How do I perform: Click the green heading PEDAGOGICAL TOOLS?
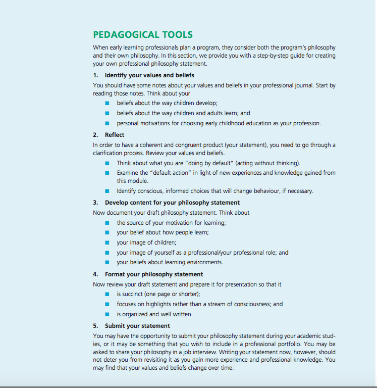[x=143, y=35]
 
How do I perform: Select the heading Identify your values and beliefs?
[x=149, y=75]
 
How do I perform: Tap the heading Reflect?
[x=115, y=135]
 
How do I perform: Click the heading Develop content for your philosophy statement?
[x=172, y=203]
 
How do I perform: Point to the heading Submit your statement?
[x=137, y=326]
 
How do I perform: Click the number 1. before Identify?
[x=96, y=75]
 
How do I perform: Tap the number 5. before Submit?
[x=96, y=326]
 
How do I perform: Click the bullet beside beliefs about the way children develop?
[x=107, y=103]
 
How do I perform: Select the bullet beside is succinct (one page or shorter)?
[x=107, y=294]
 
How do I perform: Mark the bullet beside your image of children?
[x=107, y=243]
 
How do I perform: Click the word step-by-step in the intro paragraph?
[x=275, y=56]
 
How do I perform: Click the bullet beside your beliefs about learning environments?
[x=107, y=262]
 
